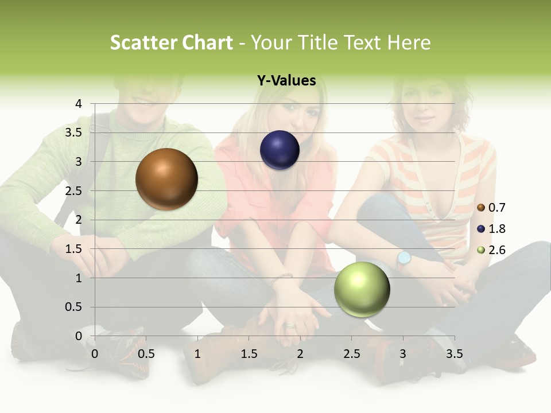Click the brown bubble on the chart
[166, 179]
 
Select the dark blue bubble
[280, 150]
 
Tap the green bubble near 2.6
[362, 289]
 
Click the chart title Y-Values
[286, 81]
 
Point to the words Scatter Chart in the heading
[171, 42]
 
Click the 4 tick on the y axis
[79, 104]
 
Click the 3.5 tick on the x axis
[454, 354]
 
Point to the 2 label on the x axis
[300, 354]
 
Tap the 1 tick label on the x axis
[197, 354]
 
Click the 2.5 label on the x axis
[351, 354]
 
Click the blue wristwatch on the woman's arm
[404, 259]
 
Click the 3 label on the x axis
[403, 354]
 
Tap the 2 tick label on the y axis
[79, 220]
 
